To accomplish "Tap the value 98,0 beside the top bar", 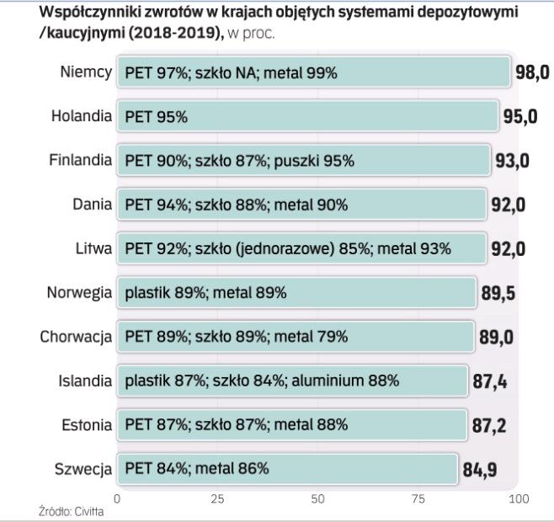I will (531, 73).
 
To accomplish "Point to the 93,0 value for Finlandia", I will (512, 161).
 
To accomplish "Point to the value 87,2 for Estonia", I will (488, 424).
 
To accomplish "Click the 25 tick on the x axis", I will (217, 499).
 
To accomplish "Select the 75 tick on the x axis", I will (418, 499).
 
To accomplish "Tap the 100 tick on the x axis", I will (519, 499).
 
